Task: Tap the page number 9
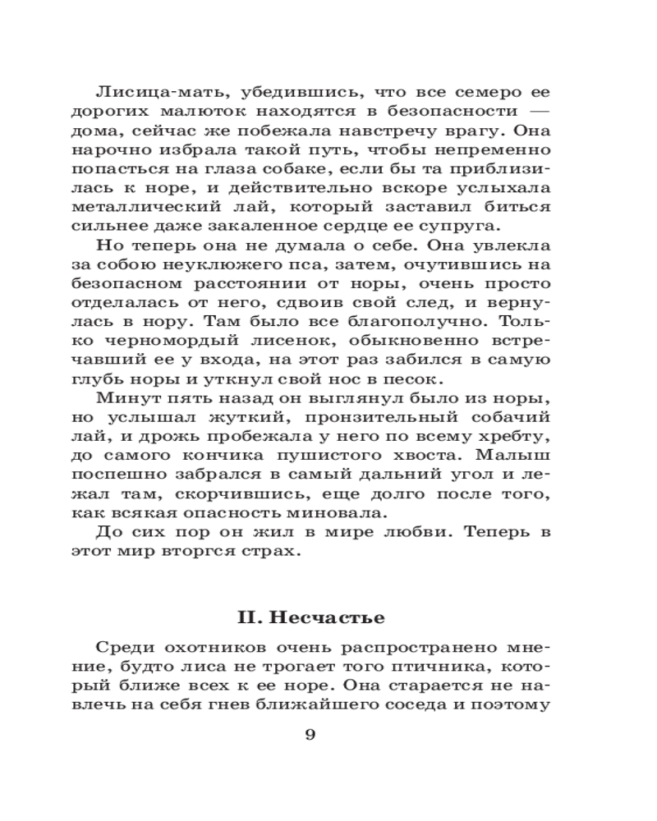310,735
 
